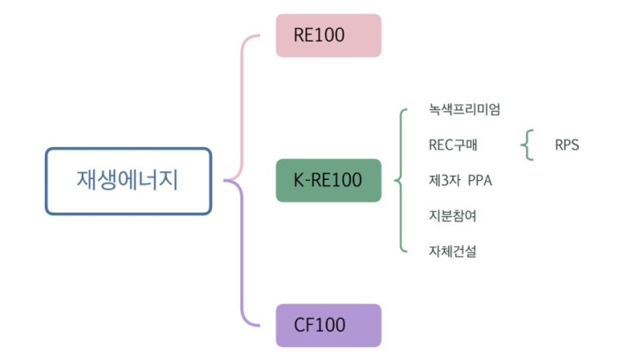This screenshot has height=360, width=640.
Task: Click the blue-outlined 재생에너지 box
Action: coord(127,181)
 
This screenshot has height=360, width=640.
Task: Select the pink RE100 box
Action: coord(328,36)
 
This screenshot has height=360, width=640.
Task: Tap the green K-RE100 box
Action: coord(328,180)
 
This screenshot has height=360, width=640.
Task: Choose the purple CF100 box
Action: coord(328,325)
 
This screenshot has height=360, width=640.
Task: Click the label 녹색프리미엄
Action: coord(463,109)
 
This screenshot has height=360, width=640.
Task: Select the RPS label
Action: coord(567,145)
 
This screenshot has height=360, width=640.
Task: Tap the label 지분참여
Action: coord(452,215)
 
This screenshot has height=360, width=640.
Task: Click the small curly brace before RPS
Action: coord(526,145)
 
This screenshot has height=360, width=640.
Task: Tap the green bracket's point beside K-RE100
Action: coord(395,181)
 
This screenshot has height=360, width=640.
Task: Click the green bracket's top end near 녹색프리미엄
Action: coord(404,111)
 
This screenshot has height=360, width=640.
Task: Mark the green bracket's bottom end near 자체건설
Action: coord(404,251)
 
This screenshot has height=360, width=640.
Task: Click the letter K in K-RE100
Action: coord(299,180)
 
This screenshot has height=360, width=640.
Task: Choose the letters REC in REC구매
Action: coord(442,145)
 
